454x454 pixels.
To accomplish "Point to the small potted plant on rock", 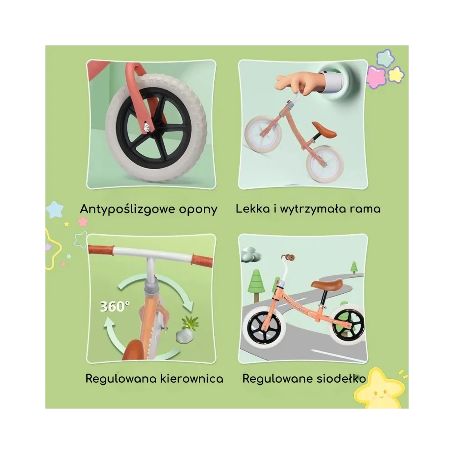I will pyautogui.click(x=187, y=329).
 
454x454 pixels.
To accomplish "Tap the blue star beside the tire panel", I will pyautogui.click(x=55, y=209).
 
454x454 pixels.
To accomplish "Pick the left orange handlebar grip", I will pyautogui.click(x=101, y=250).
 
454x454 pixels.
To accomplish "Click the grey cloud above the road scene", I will pyautogui.click(x=250, y=255).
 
